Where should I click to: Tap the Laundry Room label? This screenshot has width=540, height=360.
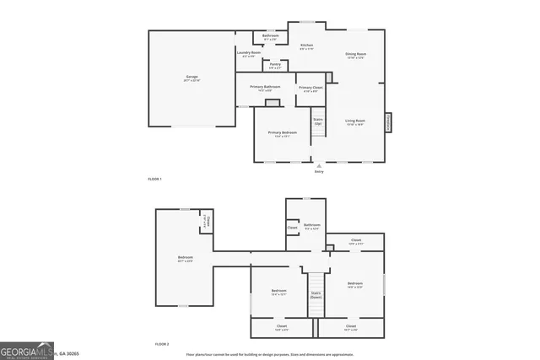tap(248, 54)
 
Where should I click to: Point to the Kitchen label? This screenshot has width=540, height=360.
tap(306, 46)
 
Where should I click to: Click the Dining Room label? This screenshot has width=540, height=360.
tap(355, 56)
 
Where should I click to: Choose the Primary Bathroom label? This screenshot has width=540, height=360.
tap(265, 89)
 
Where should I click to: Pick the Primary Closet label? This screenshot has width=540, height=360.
tap(311, 89)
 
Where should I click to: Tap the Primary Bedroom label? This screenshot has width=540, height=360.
tap(282, 134)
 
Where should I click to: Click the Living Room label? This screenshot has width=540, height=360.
tap(355, 122)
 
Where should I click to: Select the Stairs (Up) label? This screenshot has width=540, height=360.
tap(318, 121)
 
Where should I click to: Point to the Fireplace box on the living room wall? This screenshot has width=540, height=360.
tap(389, 122)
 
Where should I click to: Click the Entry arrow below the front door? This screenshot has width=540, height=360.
tap(319, 167)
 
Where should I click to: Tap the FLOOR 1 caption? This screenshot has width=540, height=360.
tap(154, 180)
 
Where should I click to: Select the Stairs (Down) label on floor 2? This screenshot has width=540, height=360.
tap(316, 295)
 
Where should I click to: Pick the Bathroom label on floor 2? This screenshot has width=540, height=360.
tap(312, 226)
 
